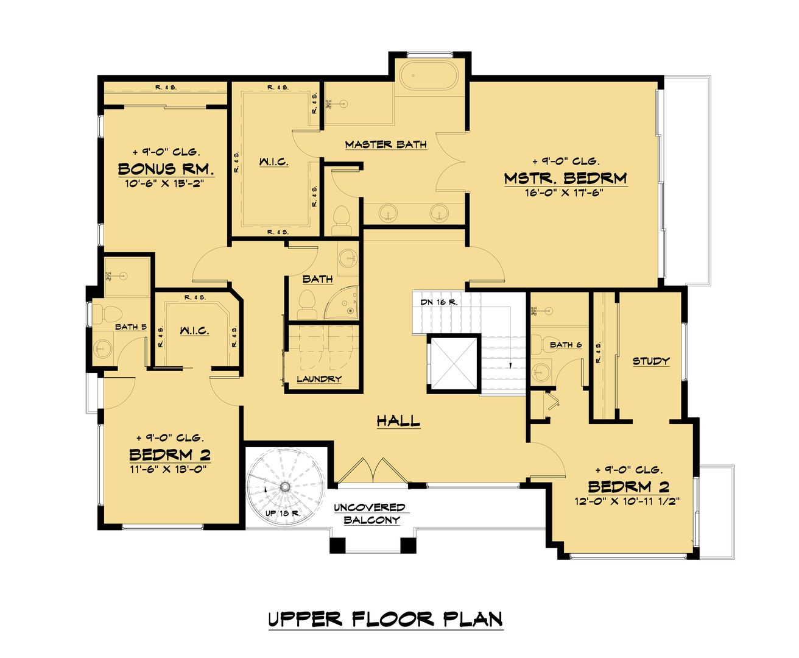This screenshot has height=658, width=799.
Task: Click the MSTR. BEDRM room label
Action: coord(565,178)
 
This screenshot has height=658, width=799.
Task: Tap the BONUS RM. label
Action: coord(166,169)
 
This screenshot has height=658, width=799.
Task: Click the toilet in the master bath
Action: coord(340,221)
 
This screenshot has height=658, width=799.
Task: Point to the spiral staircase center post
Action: coord(284,487)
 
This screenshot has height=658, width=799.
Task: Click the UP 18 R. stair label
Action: coord(283,514)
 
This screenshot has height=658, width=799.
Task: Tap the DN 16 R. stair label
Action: coord(439,302)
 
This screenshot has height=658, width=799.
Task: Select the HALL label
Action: coord(398,420)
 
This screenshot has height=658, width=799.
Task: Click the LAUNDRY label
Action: coord(319,378)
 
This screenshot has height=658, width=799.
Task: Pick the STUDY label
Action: coord(651,361)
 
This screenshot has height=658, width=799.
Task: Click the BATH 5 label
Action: coord(131,327)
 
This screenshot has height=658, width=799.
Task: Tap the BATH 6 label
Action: coord(566,345)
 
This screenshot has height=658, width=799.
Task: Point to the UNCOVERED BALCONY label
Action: coord(370,514)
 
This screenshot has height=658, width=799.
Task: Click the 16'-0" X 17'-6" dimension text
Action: coord(564,193)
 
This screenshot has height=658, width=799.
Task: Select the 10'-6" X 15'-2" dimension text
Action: coord(164,183)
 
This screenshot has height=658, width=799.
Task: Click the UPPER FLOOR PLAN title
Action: coord(385,619)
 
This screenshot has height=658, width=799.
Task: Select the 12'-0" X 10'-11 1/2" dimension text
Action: coord(627,501)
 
